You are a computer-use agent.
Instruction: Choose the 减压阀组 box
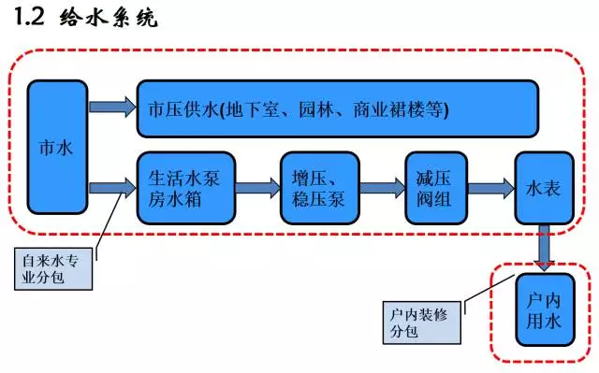pos(435,187)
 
